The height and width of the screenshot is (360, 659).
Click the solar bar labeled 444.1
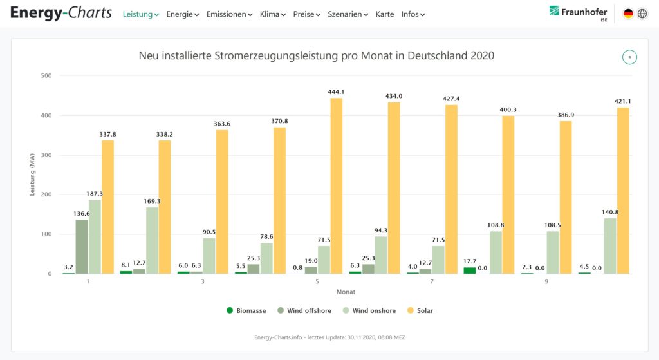337,186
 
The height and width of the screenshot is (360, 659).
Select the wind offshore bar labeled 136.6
82,247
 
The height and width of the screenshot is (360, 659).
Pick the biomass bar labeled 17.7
470,270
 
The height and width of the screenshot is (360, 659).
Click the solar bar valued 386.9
566,197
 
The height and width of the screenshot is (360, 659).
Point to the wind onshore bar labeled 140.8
610,246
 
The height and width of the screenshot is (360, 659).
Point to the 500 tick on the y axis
46,76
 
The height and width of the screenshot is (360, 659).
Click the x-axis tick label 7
432,281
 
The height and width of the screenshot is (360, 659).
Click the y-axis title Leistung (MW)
33,175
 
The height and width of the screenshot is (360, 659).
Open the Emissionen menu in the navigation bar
229,14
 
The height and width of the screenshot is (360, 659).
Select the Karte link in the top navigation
384,14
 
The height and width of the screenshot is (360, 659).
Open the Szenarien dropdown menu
348,14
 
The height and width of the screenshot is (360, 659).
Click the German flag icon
628,14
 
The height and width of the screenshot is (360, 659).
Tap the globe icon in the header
642,14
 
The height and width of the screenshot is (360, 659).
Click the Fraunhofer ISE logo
578,13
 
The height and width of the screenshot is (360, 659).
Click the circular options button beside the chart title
629,57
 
